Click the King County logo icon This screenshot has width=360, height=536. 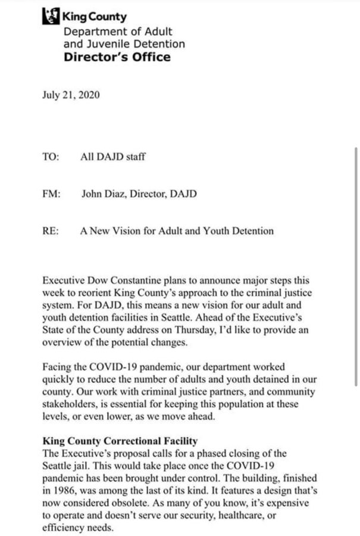pos(51,17)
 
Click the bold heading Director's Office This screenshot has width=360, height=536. pos(117,57)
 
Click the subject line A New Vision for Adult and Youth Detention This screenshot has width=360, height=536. pos(177,231)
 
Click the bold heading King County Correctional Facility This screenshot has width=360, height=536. pos(120,441)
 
